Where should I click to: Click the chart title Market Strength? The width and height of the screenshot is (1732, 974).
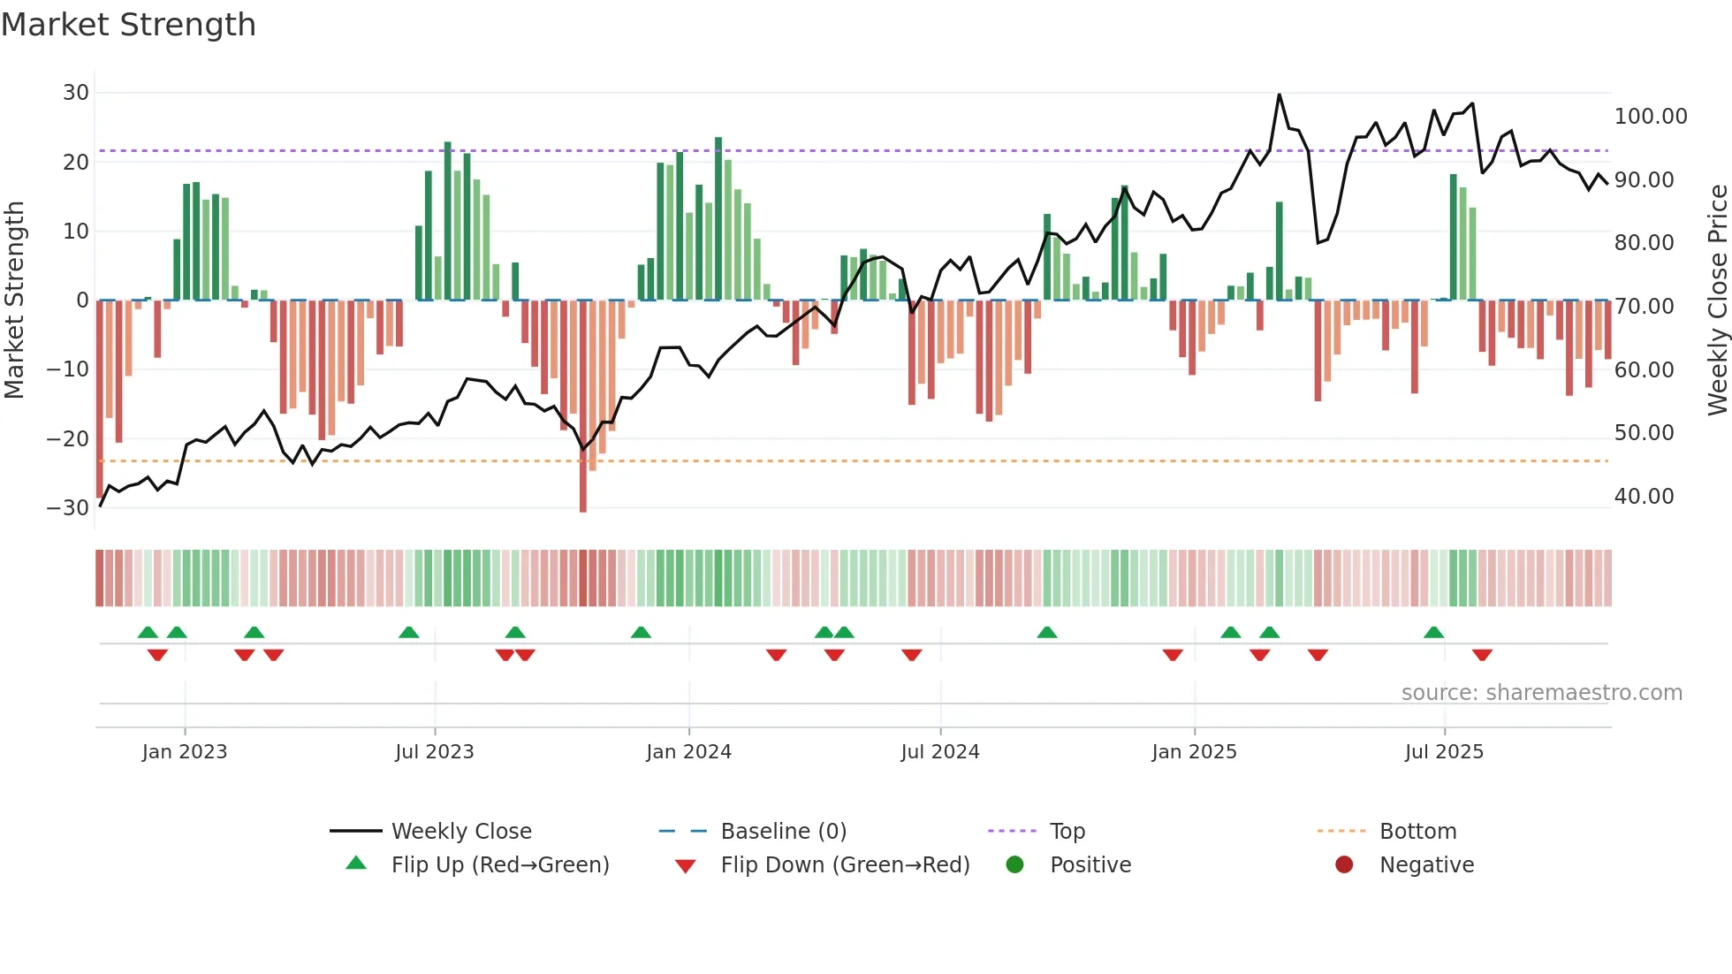click(x=128, y=25)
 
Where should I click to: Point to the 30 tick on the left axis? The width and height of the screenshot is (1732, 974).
click(x=76, y=93)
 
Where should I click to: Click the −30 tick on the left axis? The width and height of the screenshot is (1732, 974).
click(x=68, y=508)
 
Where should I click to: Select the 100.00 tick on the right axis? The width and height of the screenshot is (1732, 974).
click(x=1650, y=117)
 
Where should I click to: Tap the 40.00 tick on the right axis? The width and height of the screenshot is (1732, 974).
click(x=1644, y=497)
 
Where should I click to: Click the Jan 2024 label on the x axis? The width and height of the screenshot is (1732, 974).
click(x=688, y=752)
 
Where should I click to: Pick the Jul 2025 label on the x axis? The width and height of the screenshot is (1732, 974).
click(x=1444, y=752)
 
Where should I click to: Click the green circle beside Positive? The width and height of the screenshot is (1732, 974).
click(x=1014, y=865)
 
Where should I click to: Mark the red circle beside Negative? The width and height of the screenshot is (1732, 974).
click(x=1344, y=865)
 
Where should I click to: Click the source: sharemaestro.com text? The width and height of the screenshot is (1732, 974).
click(x=1541, y=693)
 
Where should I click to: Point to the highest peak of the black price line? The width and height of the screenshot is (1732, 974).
click(x=1279, y=95)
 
